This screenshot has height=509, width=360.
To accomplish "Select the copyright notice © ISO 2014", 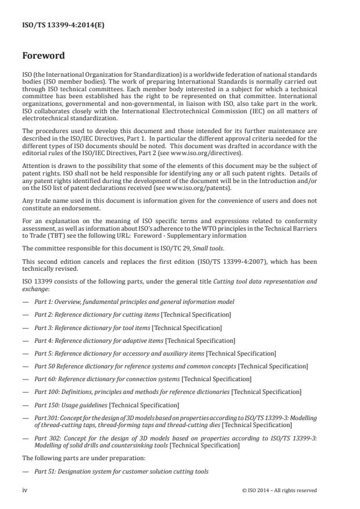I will (279, 490).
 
